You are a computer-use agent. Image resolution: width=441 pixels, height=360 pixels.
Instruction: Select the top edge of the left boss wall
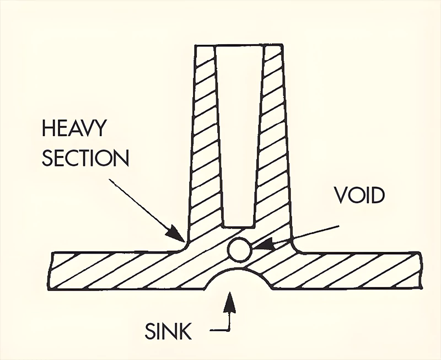206,45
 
